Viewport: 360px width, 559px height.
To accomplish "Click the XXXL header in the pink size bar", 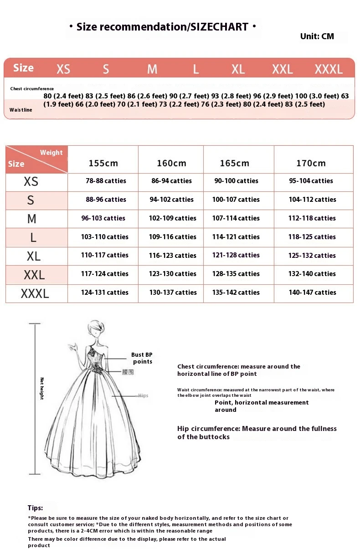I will pyautogui.click(x=328, y=69).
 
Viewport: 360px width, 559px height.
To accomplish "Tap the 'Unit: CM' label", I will pyautogui.click(x=317, y=36).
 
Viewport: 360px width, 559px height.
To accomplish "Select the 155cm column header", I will pyautogui.click(x=103, y=163).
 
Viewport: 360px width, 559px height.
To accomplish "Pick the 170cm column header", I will pyautogui.click(x=311, y=163).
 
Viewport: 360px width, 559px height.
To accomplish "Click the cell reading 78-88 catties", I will pyautogui.click(x=106, y=181).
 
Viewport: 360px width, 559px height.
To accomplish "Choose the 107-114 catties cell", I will pyautogui.click(x=236, y=218).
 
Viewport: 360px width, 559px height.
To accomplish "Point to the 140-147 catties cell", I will pyautogui.click(x=312, y=292).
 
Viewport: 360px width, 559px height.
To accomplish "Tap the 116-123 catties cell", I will pyautogui.click(x=173, y=256).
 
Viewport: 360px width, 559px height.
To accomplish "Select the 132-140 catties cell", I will pyautogui.click(x=312, y=274).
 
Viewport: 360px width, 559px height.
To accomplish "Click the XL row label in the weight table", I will pyautogui.click(x=33, y=256).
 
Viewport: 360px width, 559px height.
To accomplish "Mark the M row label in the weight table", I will pyautogui.click(x=31, y=219).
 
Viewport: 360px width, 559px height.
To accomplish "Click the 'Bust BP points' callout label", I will pyautogui.click(x=142, y=358).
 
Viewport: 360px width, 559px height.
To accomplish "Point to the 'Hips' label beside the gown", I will pyautogui.click(x=143, y=396).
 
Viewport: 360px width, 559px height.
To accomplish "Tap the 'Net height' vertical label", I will pyautogui.click(x=42, y=389).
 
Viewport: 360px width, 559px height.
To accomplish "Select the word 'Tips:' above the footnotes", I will pyautogui.click(x=35, y=508).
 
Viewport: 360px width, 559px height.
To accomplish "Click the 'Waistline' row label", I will pyautogui.click(x=21, y=110).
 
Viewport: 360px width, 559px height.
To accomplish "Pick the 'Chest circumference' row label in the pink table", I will pyautogui.click(x=32, y=89).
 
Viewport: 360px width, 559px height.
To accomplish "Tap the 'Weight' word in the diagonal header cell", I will pyautogui.click(x=51, y=153).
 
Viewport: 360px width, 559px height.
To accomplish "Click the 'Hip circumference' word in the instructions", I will pyautogui.click(x=208, y=429).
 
